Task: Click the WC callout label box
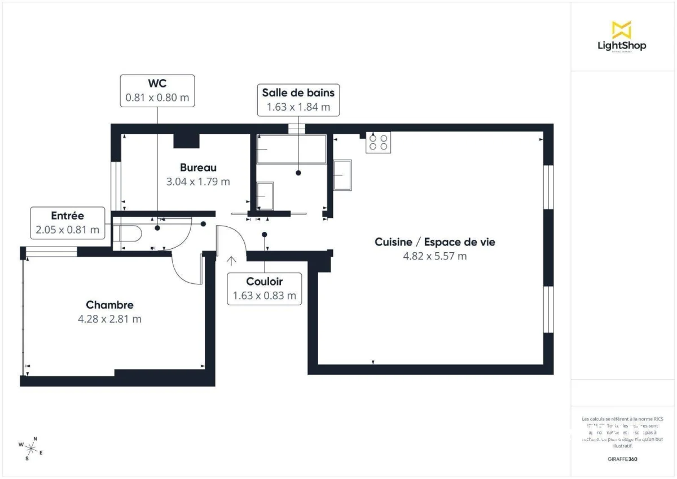[157, 90]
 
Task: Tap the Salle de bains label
[298, 100]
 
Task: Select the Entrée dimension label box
[68, 222]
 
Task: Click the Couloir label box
[264, 288]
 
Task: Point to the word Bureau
[198, 168]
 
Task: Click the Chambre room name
[109, 305]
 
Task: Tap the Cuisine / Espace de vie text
[435, 242]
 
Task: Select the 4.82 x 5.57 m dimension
[435, 256]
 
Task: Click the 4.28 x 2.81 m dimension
[109, 319]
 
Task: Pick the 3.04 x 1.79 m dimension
[198, 182]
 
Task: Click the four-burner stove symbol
[378, 142]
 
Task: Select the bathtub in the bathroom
[291, 150]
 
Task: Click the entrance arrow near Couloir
[231, 261]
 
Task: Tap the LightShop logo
[622, 37]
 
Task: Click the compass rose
[31, 449]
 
